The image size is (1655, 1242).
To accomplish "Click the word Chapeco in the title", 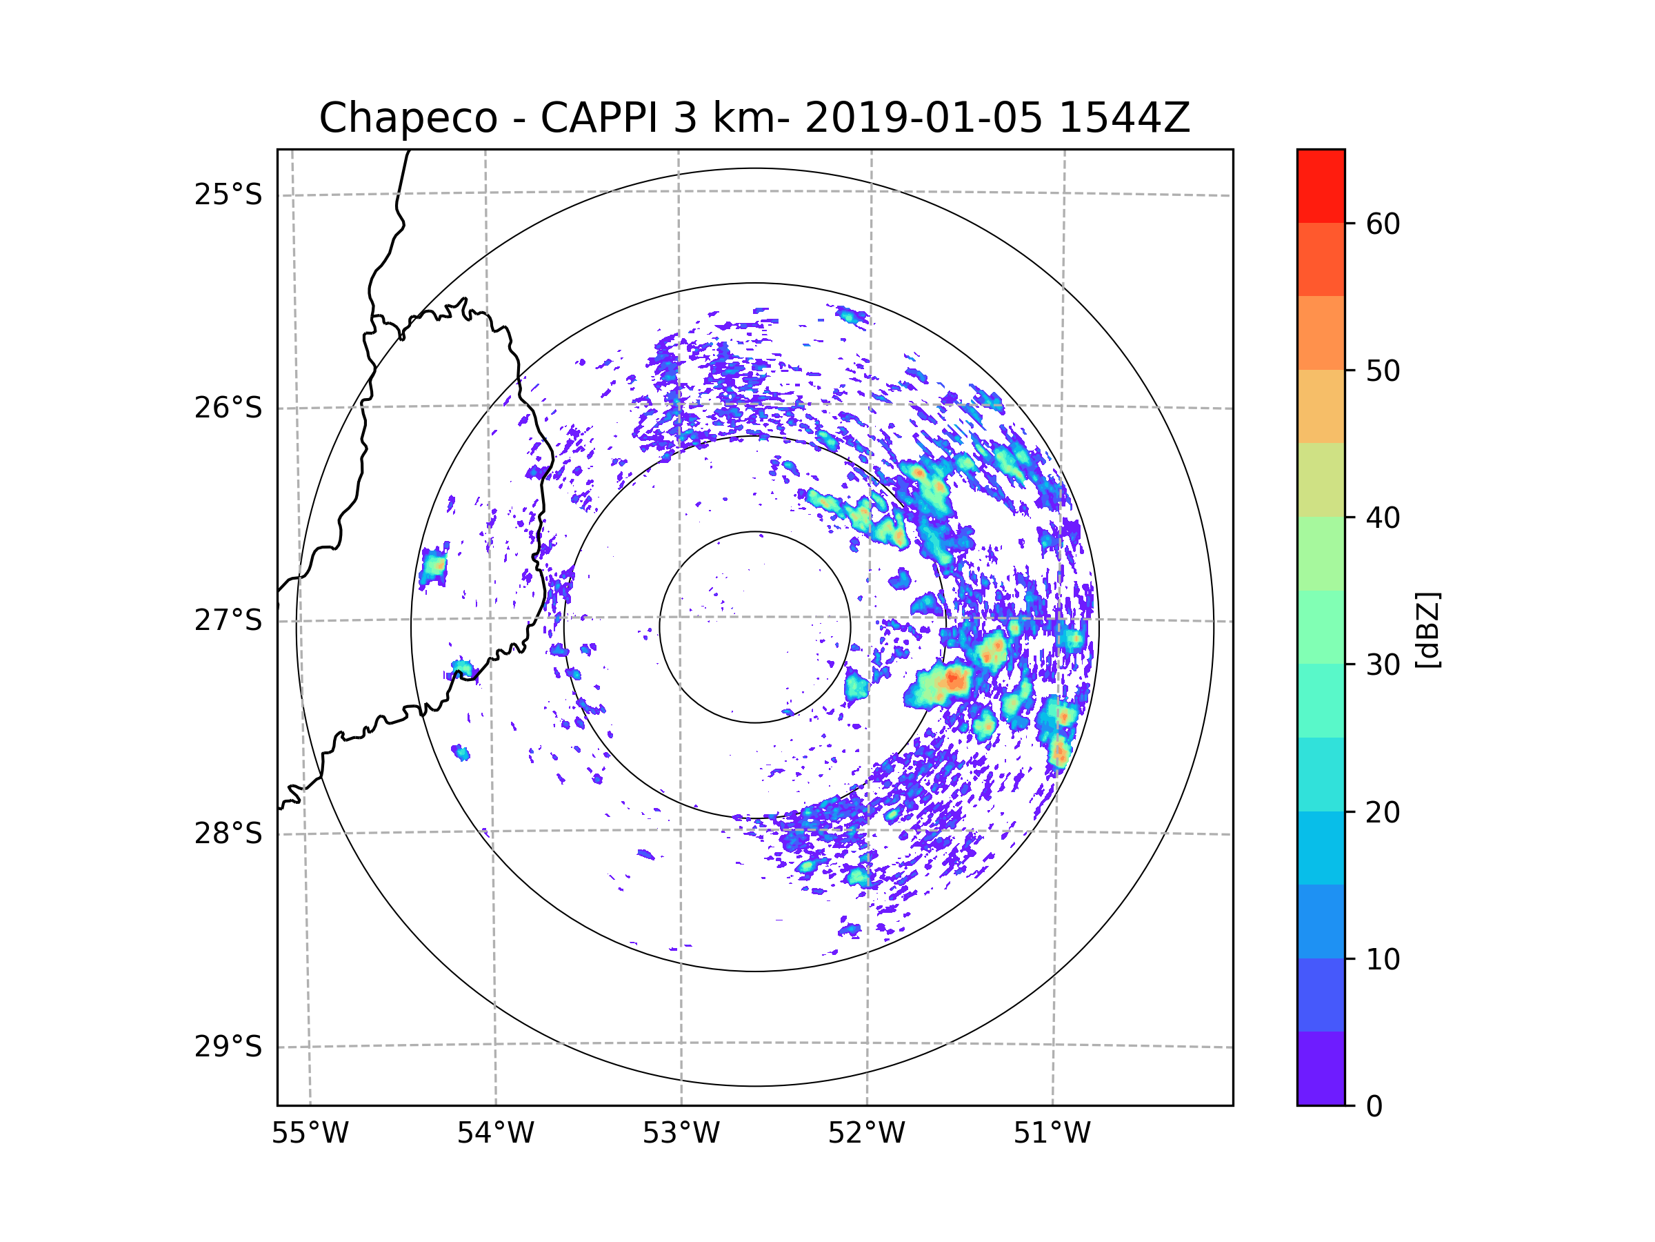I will (408, 118).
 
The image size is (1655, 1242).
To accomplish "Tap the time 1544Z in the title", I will (1124, 118).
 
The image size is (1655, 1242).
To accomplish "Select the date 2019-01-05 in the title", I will (923, 118).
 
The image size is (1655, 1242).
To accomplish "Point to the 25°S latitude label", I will (228, 195).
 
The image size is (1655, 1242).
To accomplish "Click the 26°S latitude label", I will (228, 408).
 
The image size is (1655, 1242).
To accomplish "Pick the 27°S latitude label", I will (228, 620).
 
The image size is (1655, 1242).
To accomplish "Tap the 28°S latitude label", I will (228, 834).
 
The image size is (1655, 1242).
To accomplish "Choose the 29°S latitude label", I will (228, 1047).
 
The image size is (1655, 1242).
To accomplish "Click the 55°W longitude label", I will (310, 1134).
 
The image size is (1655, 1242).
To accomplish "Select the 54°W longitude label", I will (495, 1134).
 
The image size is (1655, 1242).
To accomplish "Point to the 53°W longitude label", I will (681, 1134).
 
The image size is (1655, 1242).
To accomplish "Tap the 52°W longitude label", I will (866, 1134).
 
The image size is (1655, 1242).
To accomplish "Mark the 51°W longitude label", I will (1052, 1134).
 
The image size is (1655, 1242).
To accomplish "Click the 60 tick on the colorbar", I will (1383, 224).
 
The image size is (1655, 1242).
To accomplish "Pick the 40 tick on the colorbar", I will (1383, 517).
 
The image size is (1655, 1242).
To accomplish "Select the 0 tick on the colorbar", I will (1374, 1106).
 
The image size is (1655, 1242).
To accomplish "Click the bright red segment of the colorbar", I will (1321, 186).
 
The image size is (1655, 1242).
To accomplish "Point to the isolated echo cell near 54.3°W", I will (433, 567).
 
